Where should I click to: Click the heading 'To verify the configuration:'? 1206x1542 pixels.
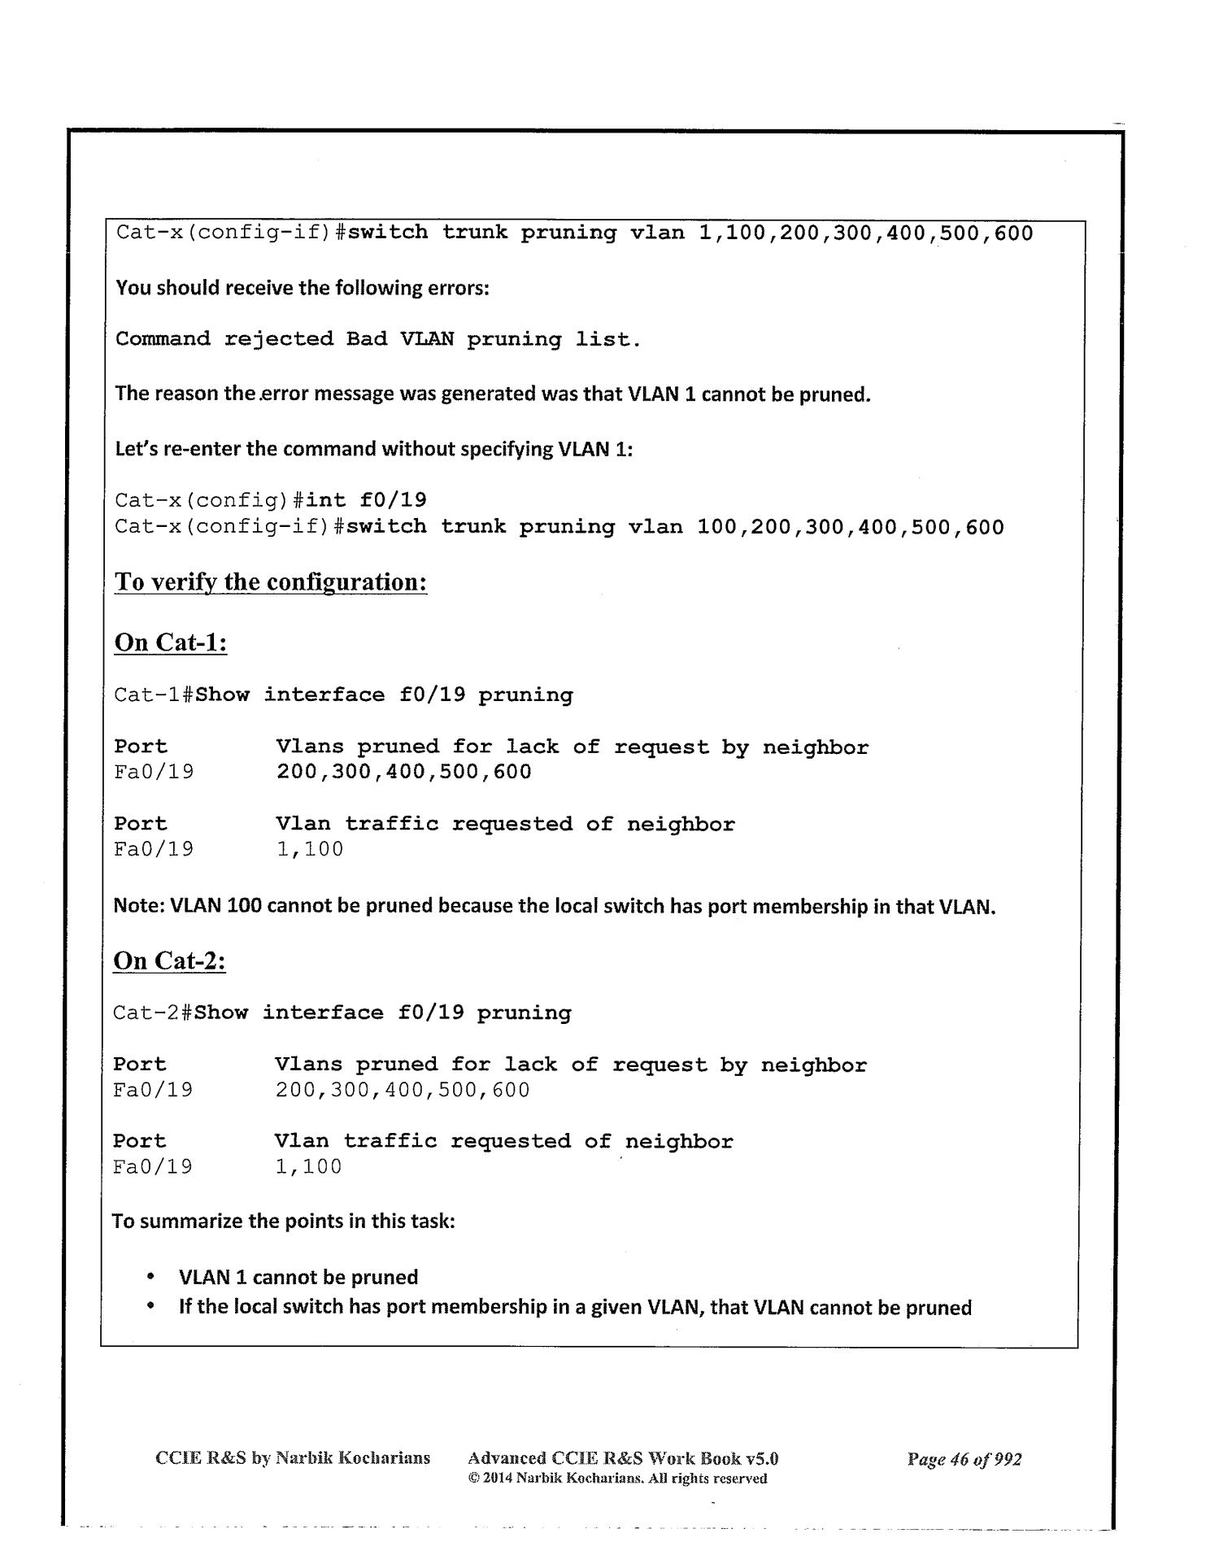271,582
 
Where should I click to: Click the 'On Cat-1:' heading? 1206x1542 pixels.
170,642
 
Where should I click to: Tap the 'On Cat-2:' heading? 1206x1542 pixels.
169,960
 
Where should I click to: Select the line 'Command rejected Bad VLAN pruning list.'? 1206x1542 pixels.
378,339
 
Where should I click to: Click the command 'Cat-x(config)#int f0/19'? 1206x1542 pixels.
270,500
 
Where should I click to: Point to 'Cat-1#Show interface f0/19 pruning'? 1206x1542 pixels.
343,695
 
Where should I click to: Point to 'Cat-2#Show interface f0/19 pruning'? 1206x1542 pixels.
342,1013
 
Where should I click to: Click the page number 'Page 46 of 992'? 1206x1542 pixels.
964,1459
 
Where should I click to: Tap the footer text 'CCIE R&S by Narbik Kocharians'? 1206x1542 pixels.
292,1457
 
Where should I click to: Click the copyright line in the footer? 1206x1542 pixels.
617,1479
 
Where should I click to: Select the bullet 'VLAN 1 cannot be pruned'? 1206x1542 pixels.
298,1278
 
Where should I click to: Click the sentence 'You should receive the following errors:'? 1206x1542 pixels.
302,288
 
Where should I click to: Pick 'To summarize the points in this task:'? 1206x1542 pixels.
282,1222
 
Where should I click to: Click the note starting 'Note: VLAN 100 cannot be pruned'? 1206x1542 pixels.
554,906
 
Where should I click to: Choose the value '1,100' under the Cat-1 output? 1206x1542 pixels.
310,850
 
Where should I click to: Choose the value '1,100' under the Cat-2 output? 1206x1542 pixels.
308,1167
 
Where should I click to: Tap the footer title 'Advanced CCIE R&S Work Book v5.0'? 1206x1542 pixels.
623,1458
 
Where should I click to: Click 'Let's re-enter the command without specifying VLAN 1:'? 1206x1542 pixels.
373,450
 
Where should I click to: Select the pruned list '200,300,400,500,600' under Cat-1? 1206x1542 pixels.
403,772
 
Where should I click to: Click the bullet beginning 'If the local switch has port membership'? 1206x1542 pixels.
575,1308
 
